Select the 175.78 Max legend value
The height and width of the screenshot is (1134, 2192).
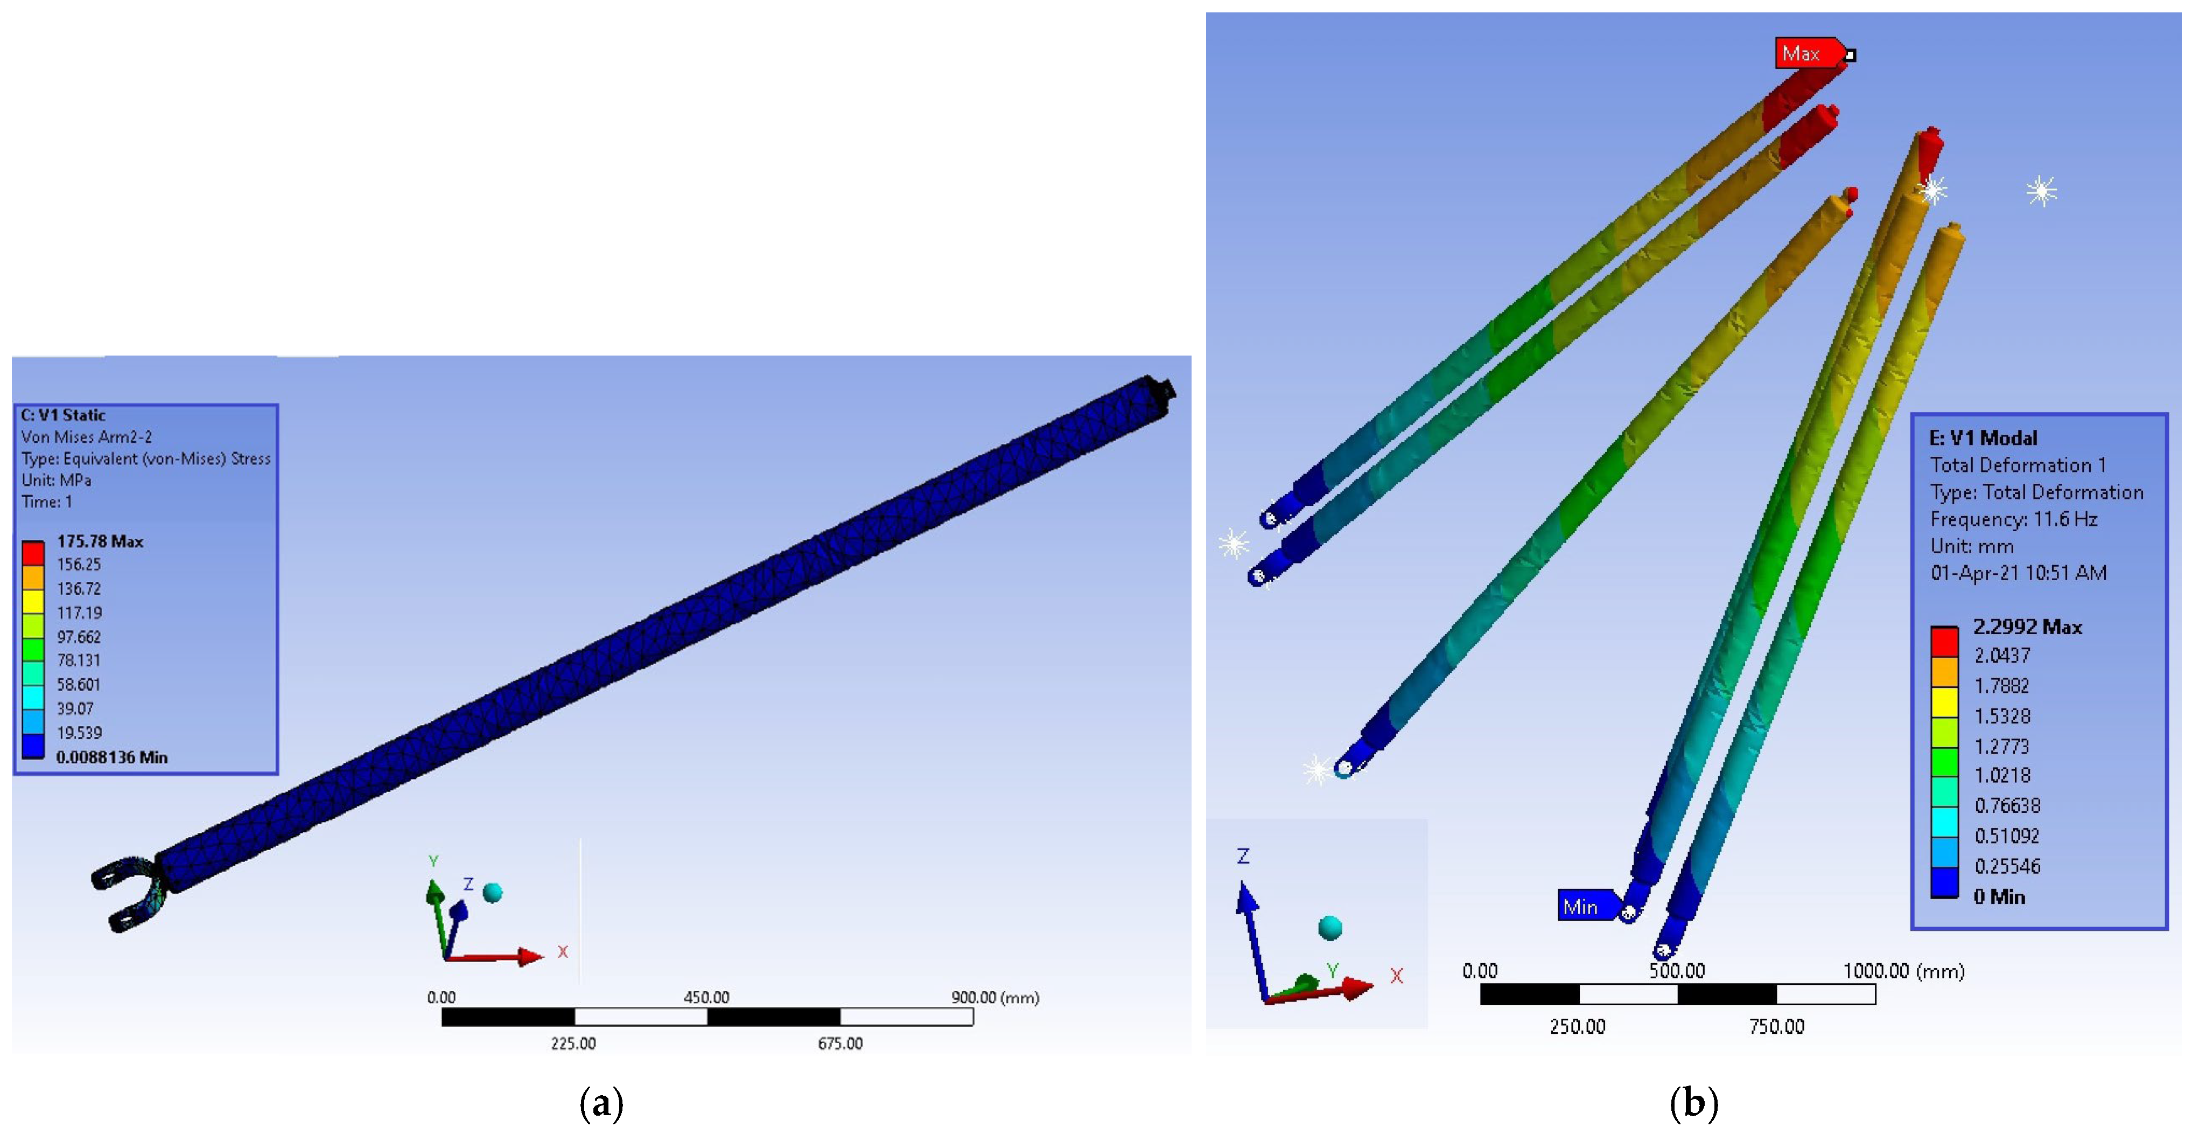100,541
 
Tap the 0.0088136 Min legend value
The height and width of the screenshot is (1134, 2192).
111,757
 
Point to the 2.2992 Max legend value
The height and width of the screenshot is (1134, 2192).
2027,628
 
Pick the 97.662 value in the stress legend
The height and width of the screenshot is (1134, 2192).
78,637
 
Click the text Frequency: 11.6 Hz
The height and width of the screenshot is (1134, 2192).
2013,519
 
